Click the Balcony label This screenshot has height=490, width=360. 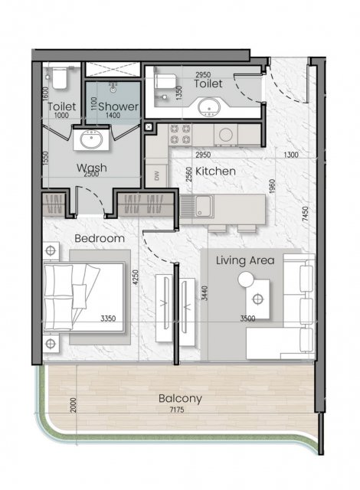(x=180, y=398)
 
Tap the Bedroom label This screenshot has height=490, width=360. (x=100, y=238)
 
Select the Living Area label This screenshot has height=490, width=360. (x=245, y=260)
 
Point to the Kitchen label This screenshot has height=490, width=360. (x=215, y=171)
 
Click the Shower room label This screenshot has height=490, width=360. (x=118, y=106)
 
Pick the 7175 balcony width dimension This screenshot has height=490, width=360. (x=177, y=410)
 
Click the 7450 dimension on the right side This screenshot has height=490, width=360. (x=306, y=214)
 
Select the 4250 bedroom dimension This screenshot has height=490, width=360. (x=135, y=277)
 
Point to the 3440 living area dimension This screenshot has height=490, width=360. (x=204, y=293)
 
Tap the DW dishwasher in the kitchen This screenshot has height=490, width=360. (x=156, y=175)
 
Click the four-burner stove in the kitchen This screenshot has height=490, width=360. (x=180, y=134)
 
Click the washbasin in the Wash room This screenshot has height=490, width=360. (x=91, y=139)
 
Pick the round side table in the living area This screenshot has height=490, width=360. (x=246, y=279)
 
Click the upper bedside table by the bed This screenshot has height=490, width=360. (x=51, y=250)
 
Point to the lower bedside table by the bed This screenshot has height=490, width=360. (x=51, y=344)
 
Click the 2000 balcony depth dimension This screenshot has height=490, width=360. (x=73, y=405)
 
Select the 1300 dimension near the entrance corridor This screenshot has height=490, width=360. (x=290, y=155)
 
